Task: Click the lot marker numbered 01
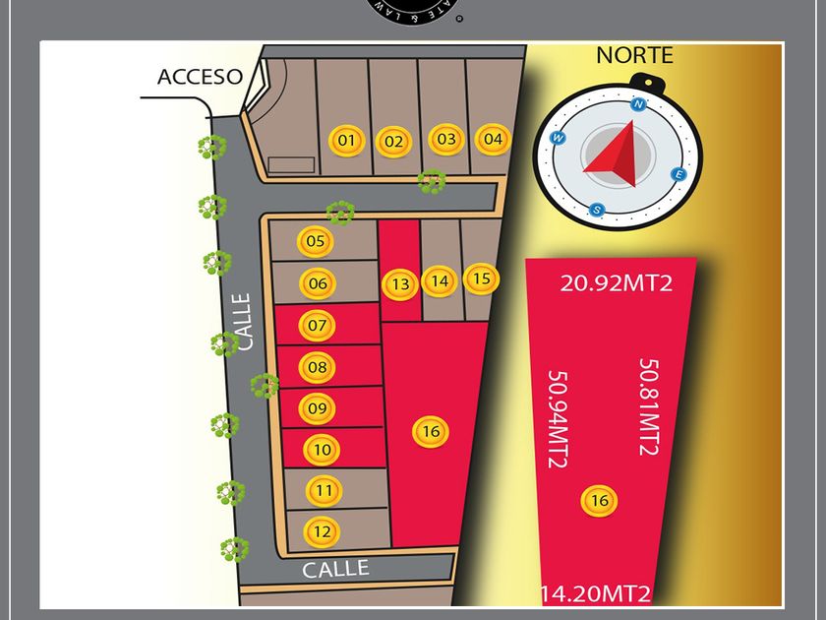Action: (346, 141)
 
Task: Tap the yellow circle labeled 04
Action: (493, 139)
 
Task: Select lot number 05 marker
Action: (316, 241)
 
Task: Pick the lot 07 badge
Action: (317, 325)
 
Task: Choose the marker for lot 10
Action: (322, 450)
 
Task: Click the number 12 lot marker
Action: (322, 531)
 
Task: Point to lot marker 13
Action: (400, 284)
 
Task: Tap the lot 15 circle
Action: (481, 279)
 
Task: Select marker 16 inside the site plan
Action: (430, 431)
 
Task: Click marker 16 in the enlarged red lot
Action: (600, 500)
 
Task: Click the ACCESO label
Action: (200, 77)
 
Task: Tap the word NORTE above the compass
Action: (634, 55)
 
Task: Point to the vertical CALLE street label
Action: (243, 321)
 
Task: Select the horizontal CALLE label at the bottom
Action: (335, 569)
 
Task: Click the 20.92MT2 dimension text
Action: (617, 283)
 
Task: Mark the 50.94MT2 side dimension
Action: (557, 418)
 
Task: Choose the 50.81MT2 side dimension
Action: (648, 406)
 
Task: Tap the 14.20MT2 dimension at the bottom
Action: (595, 593)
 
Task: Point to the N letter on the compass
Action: (639, 104)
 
